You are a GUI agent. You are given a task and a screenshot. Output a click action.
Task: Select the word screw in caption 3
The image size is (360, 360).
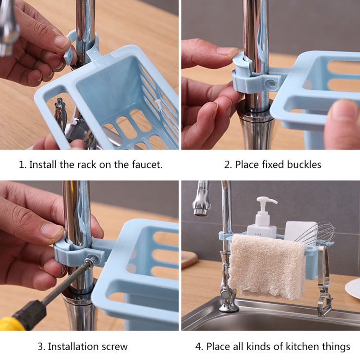(x=116, y=346)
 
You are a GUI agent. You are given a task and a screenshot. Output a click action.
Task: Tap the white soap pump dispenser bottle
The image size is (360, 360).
(x=261, y=220)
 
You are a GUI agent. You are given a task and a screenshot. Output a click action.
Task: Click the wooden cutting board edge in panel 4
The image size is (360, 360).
(x=189, y=261)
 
